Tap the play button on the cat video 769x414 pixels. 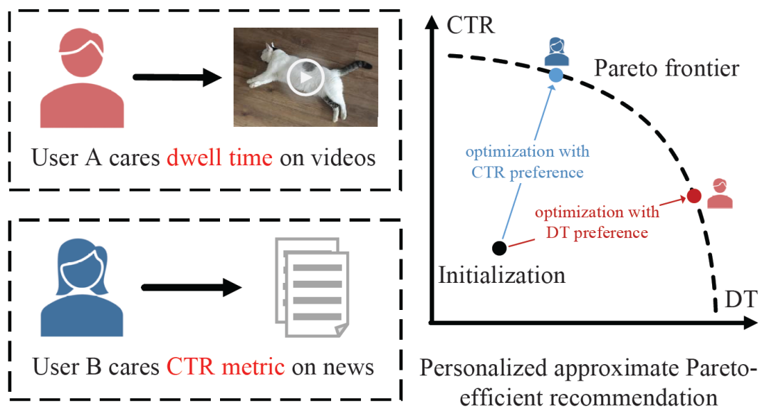pos(305,77)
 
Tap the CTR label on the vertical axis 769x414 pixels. pos(470,26)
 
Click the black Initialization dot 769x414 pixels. pos(499,248)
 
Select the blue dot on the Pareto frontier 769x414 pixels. pos(556,73)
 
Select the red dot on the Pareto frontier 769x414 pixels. pos(694,196)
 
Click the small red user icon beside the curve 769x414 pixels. pos(719,193)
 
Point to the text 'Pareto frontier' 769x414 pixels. pos(666,69)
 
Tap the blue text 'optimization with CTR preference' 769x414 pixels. pos(527,162)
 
